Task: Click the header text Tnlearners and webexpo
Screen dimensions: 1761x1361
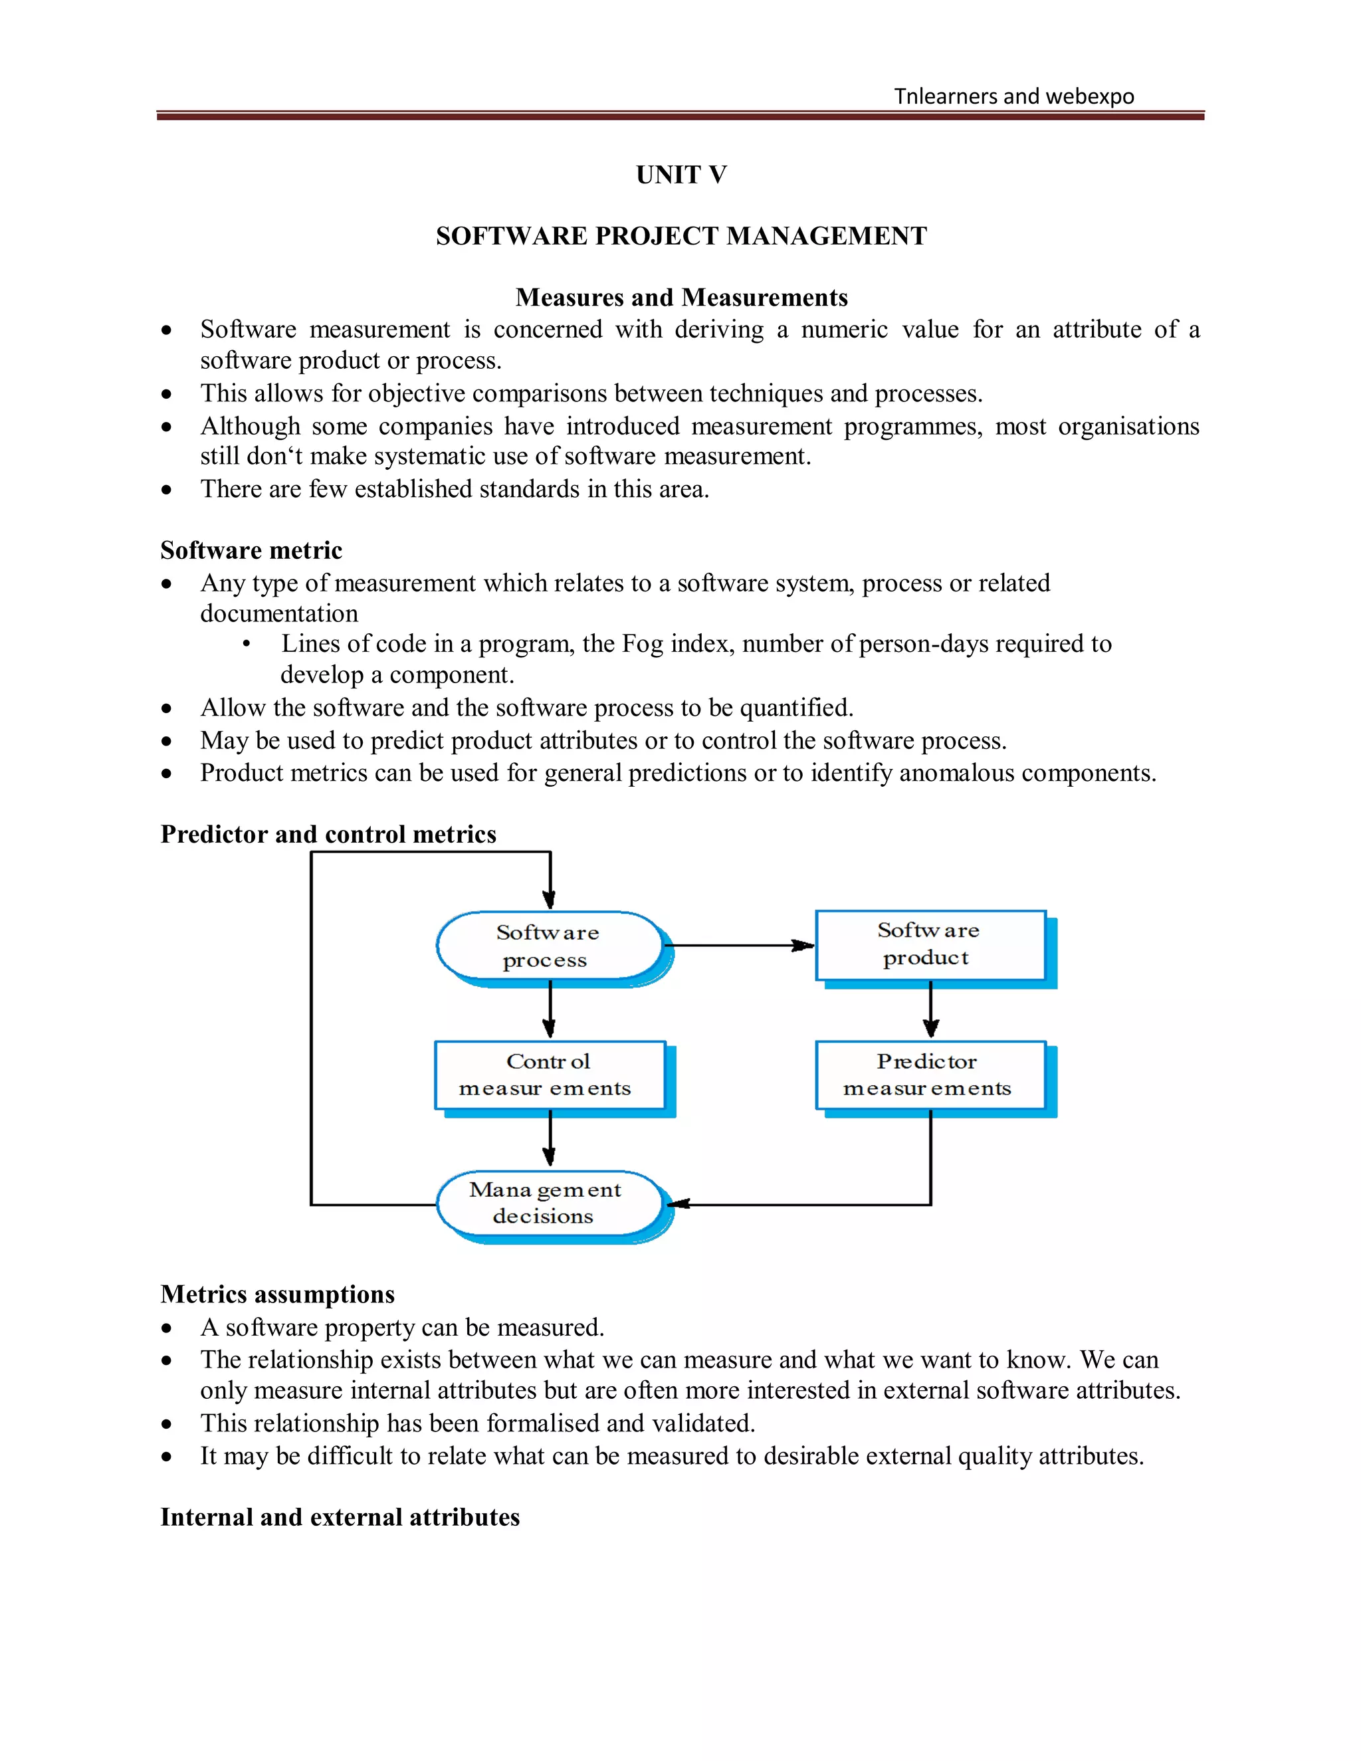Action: click(1013, 97)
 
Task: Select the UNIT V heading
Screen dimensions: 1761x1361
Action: click(681, 175)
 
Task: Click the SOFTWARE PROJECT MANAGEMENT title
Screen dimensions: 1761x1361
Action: click(681, 237)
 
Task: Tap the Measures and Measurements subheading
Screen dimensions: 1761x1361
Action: click(681, 298)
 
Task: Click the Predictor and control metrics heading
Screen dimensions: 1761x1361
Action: click(328, 835)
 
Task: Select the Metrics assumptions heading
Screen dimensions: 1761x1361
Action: click(277, 1294)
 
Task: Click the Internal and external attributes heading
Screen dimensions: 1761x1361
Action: click(340, 1518)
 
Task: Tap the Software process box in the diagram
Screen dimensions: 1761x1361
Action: click(549, 946)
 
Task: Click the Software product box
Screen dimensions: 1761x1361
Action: click(930, 945)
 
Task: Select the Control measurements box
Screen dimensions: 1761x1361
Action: click(549, 1076)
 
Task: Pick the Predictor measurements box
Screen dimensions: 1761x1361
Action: click(930, 1076)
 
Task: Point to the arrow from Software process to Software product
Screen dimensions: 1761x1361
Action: click(738, 945)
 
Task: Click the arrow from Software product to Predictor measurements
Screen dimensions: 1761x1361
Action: click(930, 1009)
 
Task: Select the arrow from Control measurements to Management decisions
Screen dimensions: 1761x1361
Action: click(549, 1138)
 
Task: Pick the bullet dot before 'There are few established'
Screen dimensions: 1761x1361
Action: click(167, 490)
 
